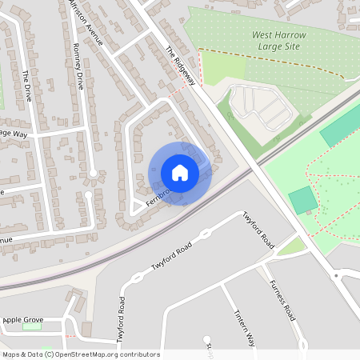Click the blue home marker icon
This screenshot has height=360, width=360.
pyautogui.click(x=180, y=173)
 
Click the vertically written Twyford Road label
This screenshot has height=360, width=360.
pyautogui.click(x=122, y=320)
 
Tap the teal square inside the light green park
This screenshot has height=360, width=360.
pyautogui.click(x=302, y=199)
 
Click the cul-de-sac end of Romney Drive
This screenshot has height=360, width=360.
pyautogui.click(x=94, y=173)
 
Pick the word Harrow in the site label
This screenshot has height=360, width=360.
pyautogui.click(x=288, y=35)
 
